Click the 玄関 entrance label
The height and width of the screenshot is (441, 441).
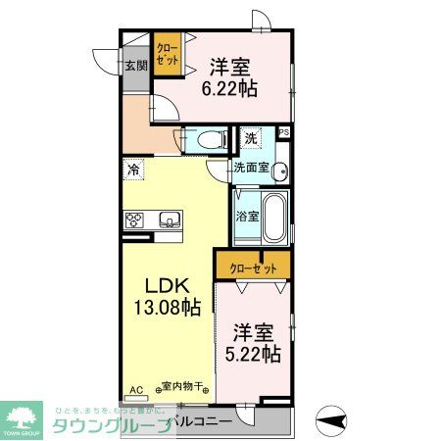coord(135,67)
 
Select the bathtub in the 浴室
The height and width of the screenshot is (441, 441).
coord(274,218)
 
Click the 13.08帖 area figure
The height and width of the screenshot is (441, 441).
coord(166,307)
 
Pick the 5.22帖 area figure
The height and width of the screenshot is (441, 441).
coord(257,351)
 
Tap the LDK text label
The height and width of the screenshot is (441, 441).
coord(166,286)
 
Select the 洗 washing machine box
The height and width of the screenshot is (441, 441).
coord(252,139)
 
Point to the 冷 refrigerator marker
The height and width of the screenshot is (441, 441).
coord(132,169)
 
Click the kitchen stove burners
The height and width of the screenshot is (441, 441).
coord(135,219)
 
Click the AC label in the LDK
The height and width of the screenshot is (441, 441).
coord(136,389)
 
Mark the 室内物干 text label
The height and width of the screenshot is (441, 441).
coord(182,388)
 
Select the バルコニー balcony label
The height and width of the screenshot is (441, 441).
coord(202,422)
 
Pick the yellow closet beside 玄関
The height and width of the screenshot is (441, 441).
coord(167,52)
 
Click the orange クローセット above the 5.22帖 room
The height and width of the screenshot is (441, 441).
coord(252,267)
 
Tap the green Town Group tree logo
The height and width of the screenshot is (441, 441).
coord(23,417)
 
